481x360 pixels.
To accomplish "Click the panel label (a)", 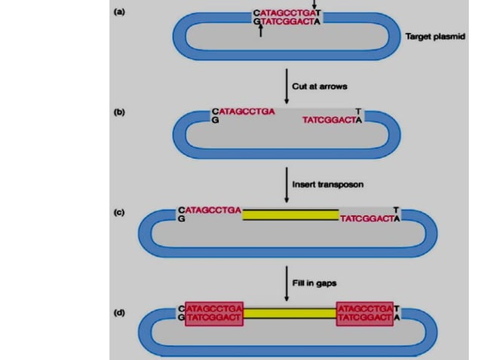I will pos(119,14).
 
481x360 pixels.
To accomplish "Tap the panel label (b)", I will pos(119,112).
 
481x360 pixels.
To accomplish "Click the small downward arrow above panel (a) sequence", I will pos(314,5).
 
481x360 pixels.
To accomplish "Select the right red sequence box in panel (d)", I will pos(365,314).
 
